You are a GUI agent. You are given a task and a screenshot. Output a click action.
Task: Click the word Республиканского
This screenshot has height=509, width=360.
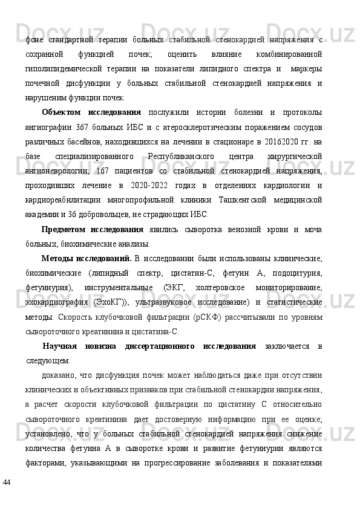point(184,156)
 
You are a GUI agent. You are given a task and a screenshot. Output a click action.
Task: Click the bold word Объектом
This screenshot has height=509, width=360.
point(61,112)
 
